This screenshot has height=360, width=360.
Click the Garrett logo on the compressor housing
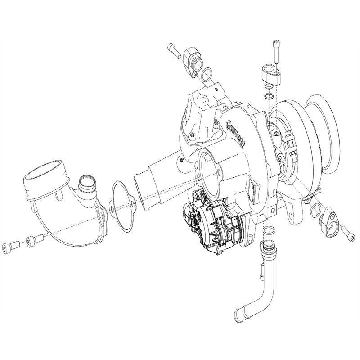coord(236,132)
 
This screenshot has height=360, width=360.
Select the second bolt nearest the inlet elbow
coord(35,241)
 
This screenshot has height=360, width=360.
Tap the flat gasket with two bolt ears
coord(123,207)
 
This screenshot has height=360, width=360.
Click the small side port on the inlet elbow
coord(86,181)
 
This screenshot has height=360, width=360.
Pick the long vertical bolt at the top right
coord(276,52)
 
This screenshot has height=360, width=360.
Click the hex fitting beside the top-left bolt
coord(193,60)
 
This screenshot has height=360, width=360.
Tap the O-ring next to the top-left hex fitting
coord(207,75)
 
